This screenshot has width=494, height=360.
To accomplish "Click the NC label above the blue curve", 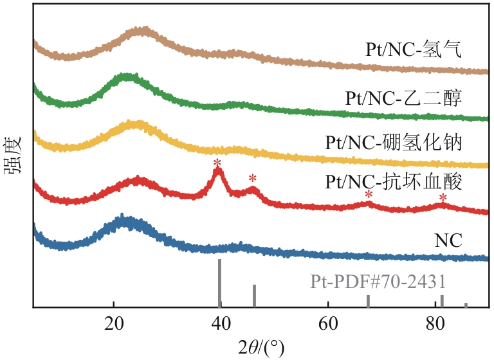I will pos(448,241).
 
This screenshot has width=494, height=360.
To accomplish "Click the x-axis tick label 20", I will pos(114,322).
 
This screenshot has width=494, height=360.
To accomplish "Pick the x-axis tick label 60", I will pos(329,322).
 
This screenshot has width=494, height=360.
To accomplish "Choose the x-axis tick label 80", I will pos(436,322).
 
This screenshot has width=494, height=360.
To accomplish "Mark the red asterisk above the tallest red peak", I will pos(217,163).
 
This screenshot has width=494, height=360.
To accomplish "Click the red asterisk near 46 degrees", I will pos(253,179).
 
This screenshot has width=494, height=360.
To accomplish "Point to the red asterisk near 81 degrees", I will pos(443,197).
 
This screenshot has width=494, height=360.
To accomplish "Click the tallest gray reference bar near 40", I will pos(220,283).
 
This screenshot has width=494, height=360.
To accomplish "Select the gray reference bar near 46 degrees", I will pos(254,296).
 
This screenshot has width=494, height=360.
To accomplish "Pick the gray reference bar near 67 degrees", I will pos(368,301).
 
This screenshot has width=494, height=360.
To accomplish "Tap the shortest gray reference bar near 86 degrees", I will pos(466,305).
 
